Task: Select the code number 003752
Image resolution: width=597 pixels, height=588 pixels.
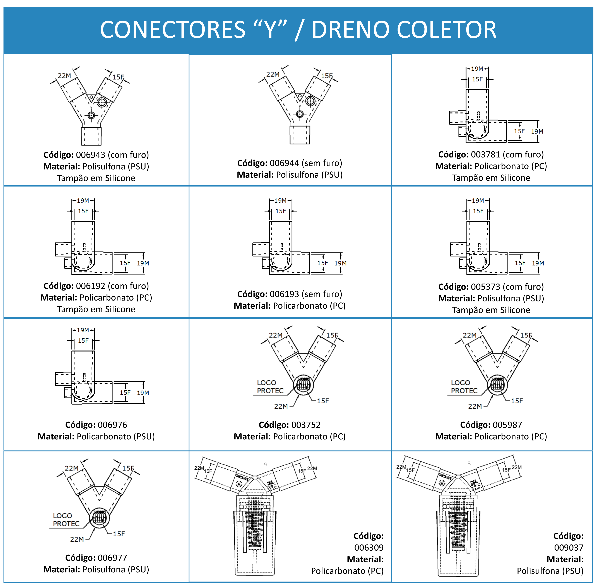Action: [x=306, y=425]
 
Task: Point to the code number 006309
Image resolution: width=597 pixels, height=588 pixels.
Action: [x=369, y=548]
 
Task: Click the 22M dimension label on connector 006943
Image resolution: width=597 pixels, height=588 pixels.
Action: [x=64, y=76]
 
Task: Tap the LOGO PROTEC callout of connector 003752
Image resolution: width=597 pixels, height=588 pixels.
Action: [x=270, y=387]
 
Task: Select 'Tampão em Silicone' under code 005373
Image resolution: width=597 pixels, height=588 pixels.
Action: [x=491, y=310]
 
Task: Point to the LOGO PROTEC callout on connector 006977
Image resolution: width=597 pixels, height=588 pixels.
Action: [x=66, y=520]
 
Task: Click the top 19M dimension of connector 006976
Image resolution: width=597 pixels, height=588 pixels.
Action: [x=83, y=330]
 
